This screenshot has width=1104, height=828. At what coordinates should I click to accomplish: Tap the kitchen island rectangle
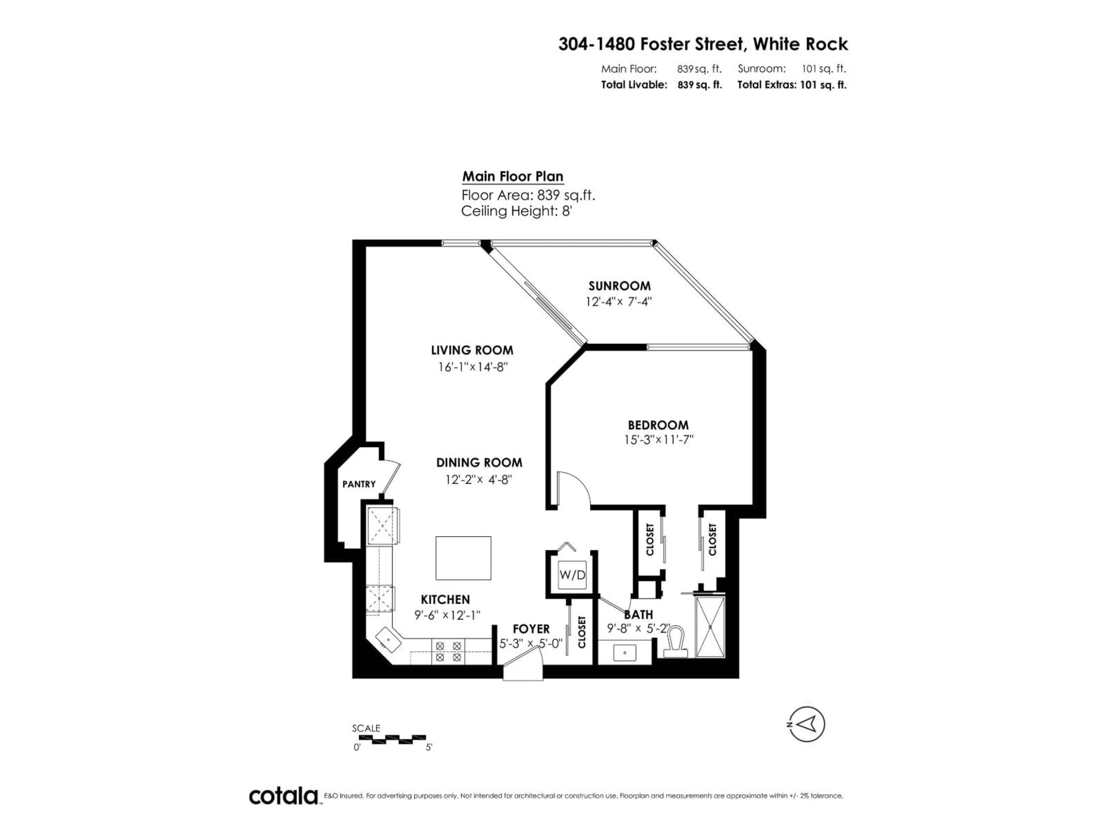(x=463, y=558)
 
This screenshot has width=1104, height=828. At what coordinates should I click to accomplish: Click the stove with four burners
(x=448, y=651)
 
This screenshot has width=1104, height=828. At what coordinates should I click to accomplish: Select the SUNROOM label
(x=619, y=286)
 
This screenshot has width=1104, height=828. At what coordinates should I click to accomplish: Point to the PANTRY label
(x=359, y=484)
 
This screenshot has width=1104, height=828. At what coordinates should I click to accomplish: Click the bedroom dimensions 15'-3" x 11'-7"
(x=659, y=440)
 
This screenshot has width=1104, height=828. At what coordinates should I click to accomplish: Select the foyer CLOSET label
(x=581, y=632)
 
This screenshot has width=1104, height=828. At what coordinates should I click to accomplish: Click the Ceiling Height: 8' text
(x=516, y=211)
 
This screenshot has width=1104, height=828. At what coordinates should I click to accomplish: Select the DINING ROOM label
(x=479, y=463)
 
